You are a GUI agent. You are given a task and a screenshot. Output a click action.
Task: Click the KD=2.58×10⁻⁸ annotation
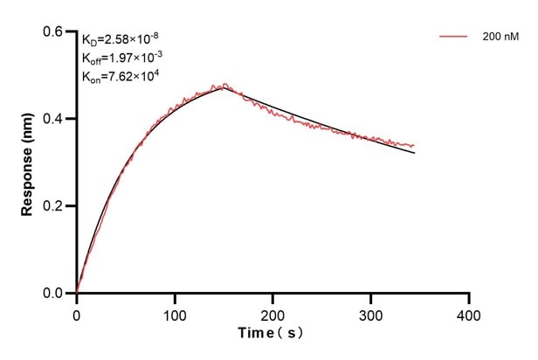tap(121, 39)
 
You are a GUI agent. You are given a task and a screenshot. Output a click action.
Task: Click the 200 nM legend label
tap(499, 37)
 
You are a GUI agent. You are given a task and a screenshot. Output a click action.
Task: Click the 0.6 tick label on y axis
tap(55, 31)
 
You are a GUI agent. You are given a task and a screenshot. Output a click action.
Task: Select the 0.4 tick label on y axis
tap(55, 119)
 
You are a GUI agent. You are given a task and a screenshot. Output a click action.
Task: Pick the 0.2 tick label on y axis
tap(55, 206)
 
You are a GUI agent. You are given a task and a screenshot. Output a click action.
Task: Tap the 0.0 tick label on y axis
tap(55, 294)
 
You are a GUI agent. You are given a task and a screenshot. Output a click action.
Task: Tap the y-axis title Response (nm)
tap(28, 162)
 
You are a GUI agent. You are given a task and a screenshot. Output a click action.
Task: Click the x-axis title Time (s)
tap(272, 334)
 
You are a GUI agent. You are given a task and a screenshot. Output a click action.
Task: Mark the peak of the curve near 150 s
tap(224, 87)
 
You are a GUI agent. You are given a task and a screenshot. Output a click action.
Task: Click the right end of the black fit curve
tap(415, 154)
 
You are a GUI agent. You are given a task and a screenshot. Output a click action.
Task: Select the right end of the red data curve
tap(414, 145)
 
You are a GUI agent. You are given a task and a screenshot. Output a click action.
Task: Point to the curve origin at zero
tap(77, 294)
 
